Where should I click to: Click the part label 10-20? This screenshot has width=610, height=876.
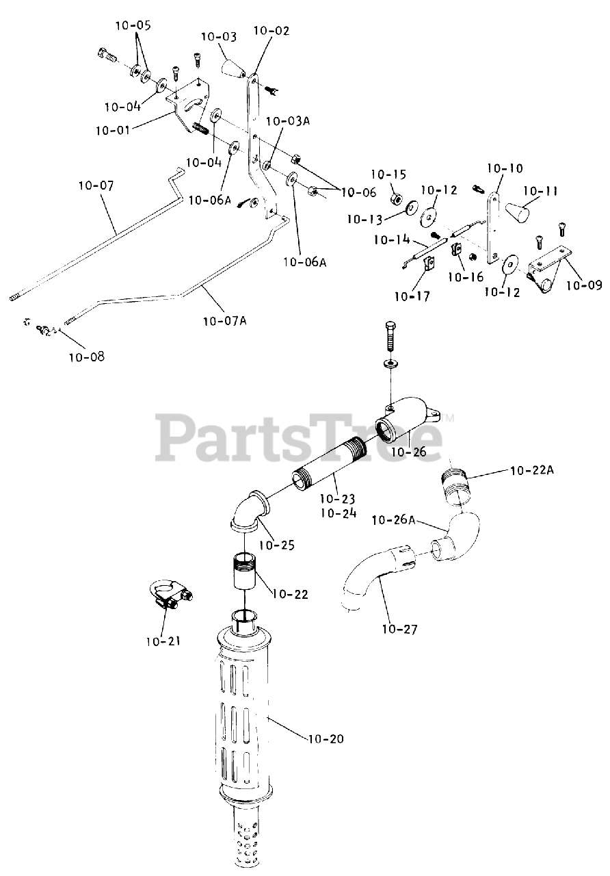(326, 739)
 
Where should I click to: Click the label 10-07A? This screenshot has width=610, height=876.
(224, 320)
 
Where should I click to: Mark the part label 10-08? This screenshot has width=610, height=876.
(87, 356)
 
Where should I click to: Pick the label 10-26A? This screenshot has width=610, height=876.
(393, 520)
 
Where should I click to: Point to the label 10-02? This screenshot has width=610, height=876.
(271, 31)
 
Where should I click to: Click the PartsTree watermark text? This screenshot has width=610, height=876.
(301, 438)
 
